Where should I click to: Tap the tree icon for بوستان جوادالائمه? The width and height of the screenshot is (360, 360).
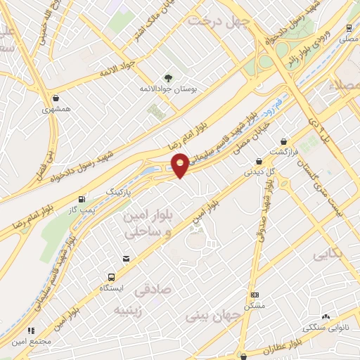pyautogui.click(x=167, y=77)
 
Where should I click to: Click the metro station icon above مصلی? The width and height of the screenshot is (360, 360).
pyautogui.click(x=349, y=28)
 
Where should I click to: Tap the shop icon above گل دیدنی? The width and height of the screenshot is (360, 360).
pyautogui.click(x=259, y=161)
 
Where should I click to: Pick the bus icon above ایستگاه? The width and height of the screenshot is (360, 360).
pyautogui.click(x=111, y=277)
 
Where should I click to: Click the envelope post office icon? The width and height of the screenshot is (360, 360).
pyautogui.click(x=127, y=259)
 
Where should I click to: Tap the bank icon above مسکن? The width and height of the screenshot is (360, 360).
pyautogui.click(x=255, y=295)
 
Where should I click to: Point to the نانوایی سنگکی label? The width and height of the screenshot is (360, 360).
pyautogui.click(x=324, y=328)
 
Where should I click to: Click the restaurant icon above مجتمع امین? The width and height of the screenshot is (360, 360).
pyautogui.click(x=30, y=330)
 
